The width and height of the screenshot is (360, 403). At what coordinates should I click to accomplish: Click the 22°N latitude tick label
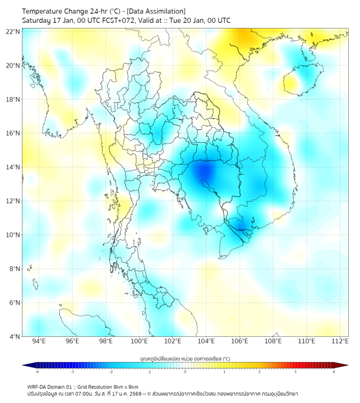click(13, 31)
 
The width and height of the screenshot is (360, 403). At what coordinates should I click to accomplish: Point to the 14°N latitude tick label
click(13, 167)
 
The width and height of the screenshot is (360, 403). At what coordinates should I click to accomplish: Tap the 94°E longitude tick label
click(39, 342)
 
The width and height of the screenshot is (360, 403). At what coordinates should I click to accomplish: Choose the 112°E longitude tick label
click(340, 342)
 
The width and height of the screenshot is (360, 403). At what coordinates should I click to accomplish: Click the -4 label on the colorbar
click(37, 372)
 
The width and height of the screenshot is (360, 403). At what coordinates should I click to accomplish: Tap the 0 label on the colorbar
click(185, 372)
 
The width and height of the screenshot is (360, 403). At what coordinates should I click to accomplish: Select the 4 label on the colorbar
click(333, 372)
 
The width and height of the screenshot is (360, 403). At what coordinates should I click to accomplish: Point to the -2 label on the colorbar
click(110, 372)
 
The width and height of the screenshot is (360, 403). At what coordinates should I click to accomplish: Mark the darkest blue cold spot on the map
click(204, 172)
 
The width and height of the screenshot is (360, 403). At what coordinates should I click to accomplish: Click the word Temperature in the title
click(43, 11)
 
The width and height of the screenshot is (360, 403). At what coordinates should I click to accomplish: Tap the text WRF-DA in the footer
click(37, 386)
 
